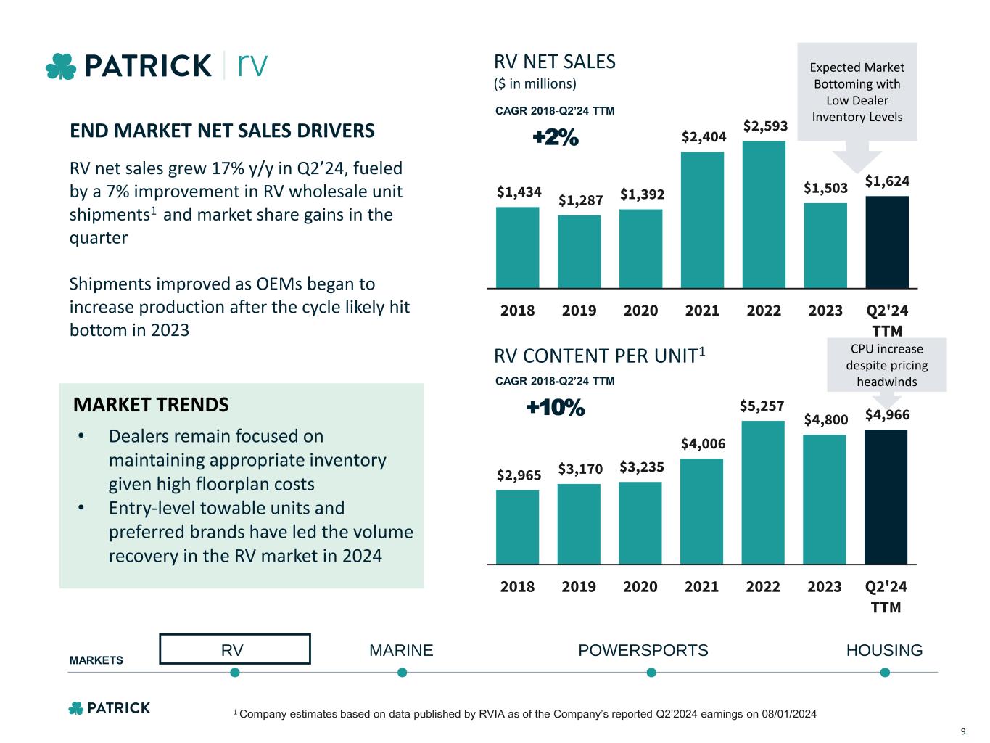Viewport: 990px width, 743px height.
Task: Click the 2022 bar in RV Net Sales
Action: [764, 215]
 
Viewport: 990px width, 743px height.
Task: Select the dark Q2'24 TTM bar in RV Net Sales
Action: [887, 242]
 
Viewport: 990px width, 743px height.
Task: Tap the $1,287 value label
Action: [580, 200]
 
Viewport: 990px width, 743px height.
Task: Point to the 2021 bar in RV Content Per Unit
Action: [701, 511]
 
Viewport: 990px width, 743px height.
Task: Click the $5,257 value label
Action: [762, 406]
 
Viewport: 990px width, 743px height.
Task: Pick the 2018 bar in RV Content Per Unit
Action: [517, 527]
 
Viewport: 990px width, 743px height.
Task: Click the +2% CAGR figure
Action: [556, 137]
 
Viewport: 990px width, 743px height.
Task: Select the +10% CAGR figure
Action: [556, 409]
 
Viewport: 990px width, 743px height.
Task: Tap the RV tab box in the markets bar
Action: [234, 649]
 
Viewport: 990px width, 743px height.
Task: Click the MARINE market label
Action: [401, 650]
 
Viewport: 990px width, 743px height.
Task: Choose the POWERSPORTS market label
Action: [643, 650]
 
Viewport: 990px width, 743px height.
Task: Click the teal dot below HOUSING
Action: [885, 673]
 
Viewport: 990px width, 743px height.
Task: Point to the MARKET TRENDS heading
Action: [151, 405]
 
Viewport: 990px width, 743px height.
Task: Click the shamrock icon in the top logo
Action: [61, 66]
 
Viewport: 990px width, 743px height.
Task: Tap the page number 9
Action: [962, 731]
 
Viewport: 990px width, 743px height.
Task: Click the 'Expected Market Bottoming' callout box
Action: [857, 91]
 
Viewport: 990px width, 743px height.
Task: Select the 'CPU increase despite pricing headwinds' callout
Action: [886, 365]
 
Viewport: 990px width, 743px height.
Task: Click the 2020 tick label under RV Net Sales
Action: [640, 311]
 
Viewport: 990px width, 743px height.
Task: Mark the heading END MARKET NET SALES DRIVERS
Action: [222, 131]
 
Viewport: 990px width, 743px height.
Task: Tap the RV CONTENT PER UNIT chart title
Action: [599, 356]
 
